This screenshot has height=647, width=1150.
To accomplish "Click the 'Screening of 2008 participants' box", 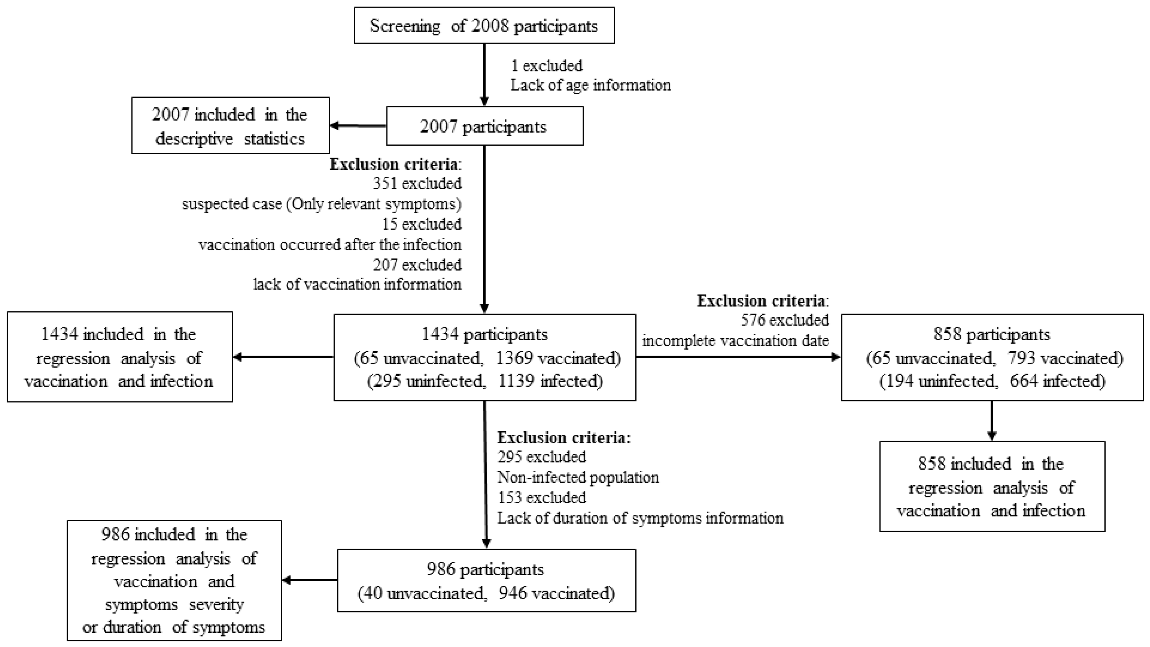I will pos(484,26).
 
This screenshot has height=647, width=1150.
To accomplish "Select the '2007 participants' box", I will pos(484,126).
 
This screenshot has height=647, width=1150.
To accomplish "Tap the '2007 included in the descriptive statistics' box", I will pos(230,126).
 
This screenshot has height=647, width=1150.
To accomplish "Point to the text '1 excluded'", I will pos(546,66).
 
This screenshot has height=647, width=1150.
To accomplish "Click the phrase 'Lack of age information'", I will pos(590,85).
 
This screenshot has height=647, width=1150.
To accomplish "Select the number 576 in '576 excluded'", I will pos(754,320).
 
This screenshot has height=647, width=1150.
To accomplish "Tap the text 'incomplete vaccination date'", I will pos(735,340).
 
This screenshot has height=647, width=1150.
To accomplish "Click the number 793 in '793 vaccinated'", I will pos(1021,358).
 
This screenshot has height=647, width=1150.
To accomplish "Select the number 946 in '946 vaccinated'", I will pos(512,593).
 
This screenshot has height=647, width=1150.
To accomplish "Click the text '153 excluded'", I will pos(541,497).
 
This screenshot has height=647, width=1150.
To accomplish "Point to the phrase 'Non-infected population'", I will pos(578,477).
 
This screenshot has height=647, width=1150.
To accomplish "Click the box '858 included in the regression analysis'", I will pos(992,487).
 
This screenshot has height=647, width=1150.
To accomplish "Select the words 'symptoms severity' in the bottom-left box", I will pos(174,604).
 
